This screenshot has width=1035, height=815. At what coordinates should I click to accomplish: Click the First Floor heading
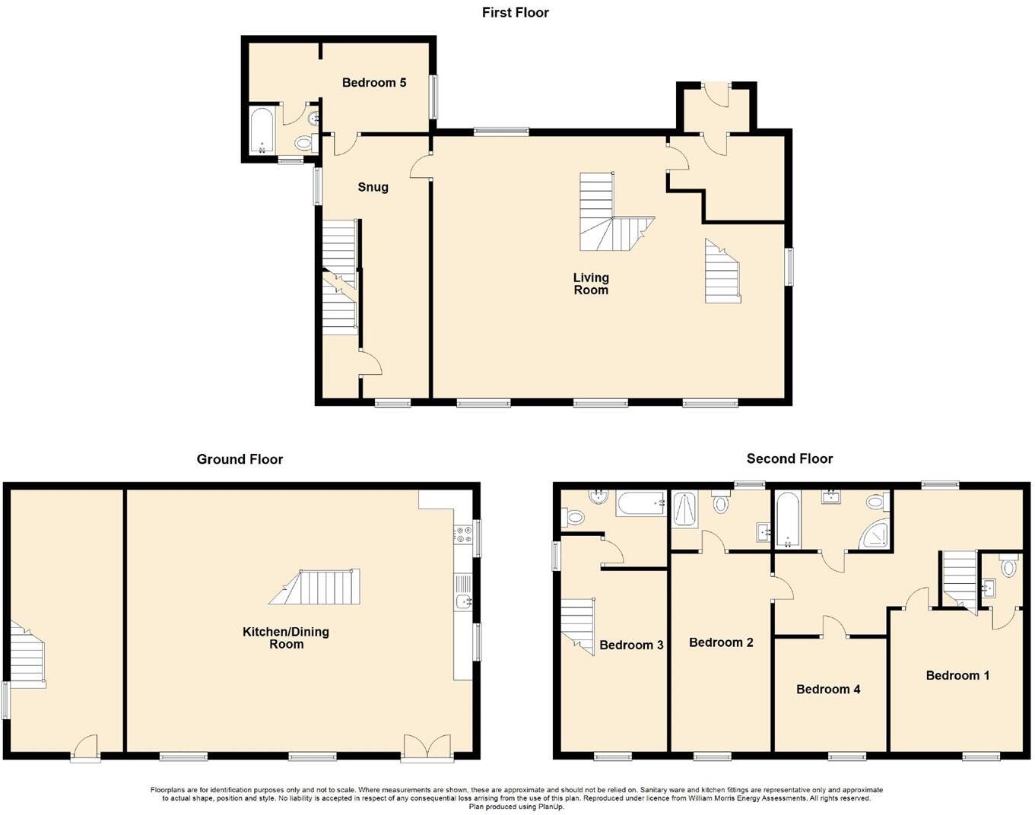(x=515, y=12)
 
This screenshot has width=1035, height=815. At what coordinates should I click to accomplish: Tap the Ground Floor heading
(x=240, y=459)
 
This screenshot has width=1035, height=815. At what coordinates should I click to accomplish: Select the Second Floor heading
(x=789, y=458)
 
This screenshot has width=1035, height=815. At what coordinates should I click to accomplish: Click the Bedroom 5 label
(x=373, y=82)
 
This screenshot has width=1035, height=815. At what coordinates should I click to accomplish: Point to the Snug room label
(x=373, y=187)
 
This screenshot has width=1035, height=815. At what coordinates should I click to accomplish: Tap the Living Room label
(x=591, y=284)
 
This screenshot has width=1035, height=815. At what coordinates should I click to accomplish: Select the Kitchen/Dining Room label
(x=286, y=638)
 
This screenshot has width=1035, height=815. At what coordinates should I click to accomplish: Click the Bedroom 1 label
(x=957, y=675)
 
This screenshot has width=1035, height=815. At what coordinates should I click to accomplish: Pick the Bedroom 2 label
(x=721, y=642)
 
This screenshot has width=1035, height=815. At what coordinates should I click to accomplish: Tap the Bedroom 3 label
(x=631, y=645)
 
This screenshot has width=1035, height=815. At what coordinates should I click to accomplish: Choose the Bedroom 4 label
(x=828, y=689)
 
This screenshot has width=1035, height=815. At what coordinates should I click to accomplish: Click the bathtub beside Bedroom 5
(x=261, y=131)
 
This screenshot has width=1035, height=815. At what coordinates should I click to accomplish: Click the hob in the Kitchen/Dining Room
(x=462, y=534)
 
